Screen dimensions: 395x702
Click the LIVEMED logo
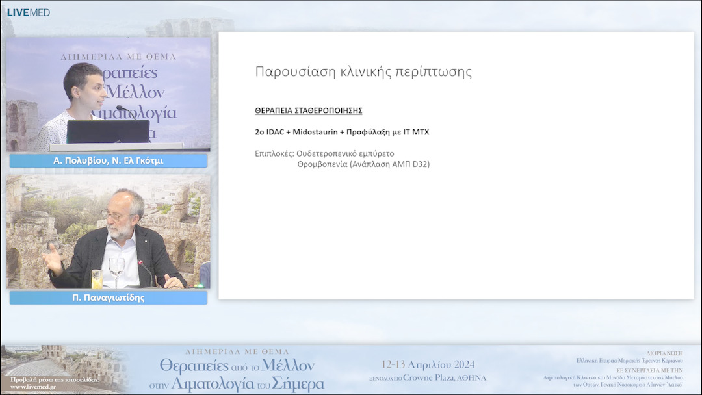(x=28, y=12)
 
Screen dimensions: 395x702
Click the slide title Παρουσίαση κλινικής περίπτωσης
(x=363, y=71)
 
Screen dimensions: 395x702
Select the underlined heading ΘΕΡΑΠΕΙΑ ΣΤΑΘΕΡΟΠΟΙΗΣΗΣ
(x=308, y=111)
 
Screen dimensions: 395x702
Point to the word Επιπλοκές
(x=274, y=154)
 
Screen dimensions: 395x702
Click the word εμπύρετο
(x=373, y=154)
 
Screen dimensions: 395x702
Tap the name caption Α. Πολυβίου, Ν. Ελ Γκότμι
(x=109, y=161)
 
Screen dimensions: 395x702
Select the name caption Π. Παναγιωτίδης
(x=109, y=298)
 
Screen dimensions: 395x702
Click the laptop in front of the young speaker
(x=108, y=131)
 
